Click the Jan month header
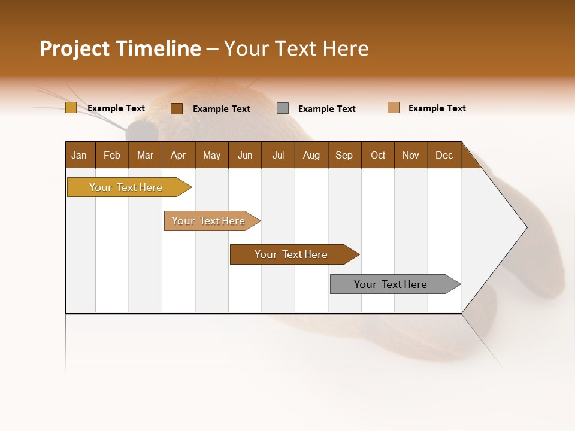coord(80,155)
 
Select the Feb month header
coord(112,155)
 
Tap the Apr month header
coord(178,155)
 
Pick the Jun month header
coord(245,155)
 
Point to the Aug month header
coord(311,155)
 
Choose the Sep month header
coord(344,155)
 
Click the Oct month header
coord(378,155)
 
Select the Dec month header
coord(444,155)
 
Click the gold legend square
coord(71,108)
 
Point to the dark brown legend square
coord(177,108)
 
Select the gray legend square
coord(283,108)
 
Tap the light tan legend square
coord(394,108)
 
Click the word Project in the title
coord(75,49)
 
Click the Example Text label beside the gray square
coord(327,109)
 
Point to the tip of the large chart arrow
coord(525,227)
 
